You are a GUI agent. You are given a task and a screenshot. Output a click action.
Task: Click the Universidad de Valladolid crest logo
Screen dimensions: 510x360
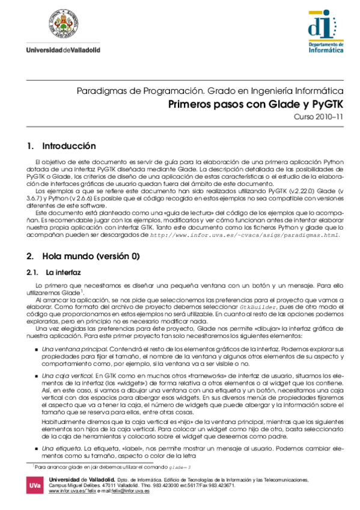pos(63,25)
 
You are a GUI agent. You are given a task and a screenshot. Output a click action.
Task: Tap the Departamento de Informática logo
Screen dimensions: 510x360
pos(324,31)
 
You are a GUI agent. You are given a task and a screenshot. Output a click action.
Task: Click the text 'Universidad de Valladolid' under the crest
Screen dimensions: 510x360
pos(63,49)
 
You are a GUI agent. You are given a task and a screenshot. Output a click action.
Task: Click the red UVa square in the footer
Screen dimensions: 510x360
pos(36,486)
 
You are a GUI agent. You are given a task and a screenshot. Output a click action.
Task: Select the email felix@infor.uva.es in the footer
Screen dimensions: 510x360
pos(130,491)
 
